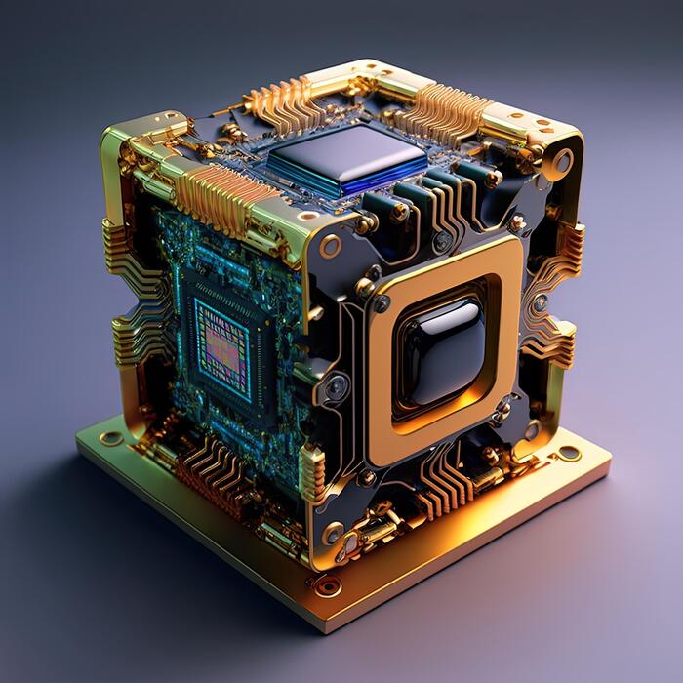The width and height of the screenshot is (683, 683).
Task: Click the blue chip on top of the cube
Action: (346, 161)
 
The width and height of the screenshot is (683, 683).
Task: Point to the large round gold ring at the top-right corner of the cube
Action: (563, 161)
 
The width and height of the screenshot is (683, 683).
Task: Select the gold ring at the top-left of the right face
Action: (330, 247)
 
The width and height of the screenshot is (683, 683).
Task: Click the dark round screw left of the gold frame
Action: (338, 387)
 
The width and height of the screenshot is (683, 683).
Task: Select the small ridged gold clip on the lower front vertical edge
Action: (311, 472)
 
